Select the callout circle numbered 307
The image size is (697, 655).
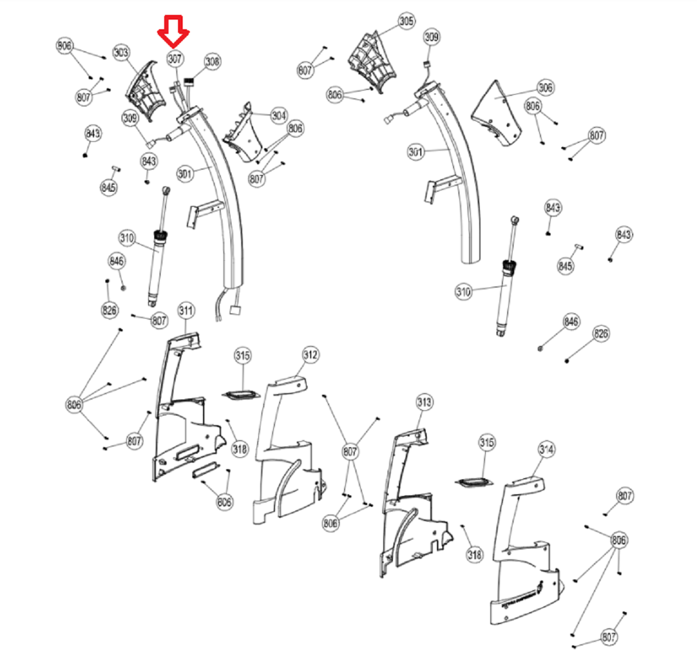click(x=174, y=59)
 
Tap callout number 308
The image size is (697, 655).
click(x=212, y=61)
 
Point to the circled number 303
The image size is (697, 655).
click(x=121, y=53)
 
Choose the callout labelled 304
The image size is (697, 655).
click(x=279, y=116)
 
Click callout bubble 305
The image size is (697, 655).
click(x=406, y=22)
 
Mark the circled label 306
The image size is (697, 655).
click(x=545, y=88)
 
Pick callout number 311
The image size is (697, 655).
click(x=186, y=311)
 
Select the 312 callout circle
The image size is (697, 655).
click(x=310, y=355)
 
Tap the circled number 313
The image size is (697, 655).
click(x=424, y=403)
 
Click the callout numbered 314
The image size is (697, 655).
click(x=546, y=450)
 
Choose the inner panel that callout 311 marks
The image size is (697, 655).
click(x=179, y=417)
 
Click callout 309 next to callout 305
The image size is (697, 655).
click(x=432, y=38)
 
